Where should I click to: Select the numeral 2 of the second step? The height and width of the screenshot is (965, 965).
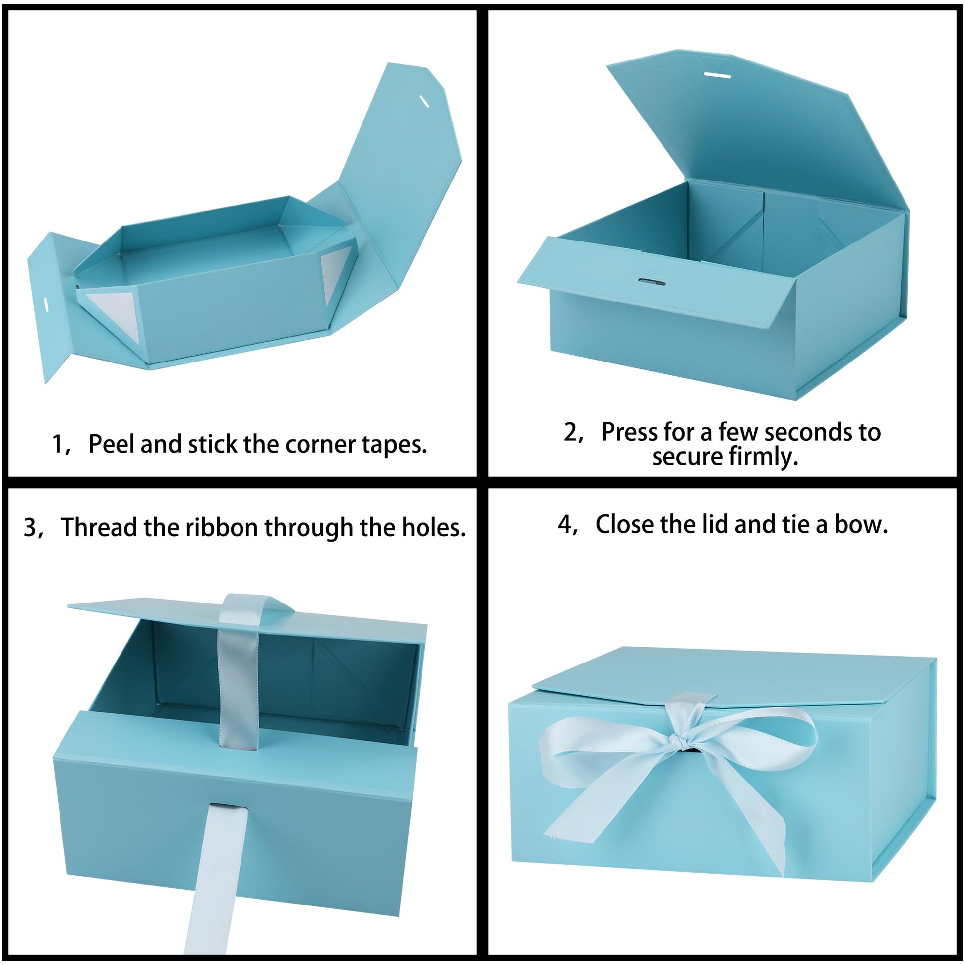(x=570, y=432)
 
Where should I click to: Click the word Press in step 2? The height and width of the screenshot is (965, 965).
(x=629, y=432)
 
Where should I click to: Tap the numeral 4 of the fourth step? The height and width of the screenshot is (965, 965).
(x=564, y=524)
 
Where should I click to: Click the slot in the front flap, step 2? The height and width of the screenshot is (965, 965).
(x=652, y=282)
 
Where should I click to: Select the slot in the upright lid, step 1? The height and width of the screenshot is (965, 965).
(x=424, y=102)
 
